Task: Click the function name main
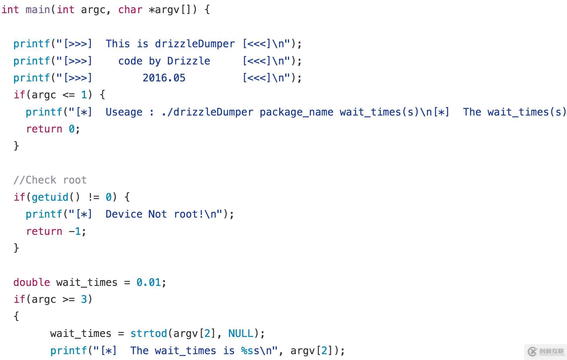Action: pos(38,10)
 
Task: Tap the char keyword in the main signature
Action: pos(130,10)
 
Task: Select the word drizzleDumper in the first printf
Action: pos(195,44)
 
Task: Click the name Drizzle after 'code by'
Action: pos(189,61)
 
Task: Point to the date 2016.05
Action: pos(164,78)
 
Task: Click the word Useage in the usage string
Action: pos(124,112)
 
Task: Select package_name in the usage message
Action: pos(296,112)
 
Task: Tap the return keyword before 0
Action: pos(44,129)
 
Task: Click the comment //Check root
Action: pos(50,180)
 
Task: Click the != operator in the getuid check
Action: pos(93,197)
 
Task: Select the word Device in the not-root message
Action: pos(124,214)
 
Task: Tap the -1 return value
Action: pos(75,231)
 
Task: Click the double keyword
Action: pos(32,282)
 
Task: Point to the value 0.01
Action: pos(149,282)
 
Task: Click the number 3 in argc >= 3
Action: pos(84,299)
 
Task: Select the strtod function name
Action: pos(149,333)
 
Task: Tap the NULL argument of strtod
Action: pos(241,333)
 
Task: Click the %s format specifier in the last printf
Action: pos(247,351)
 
